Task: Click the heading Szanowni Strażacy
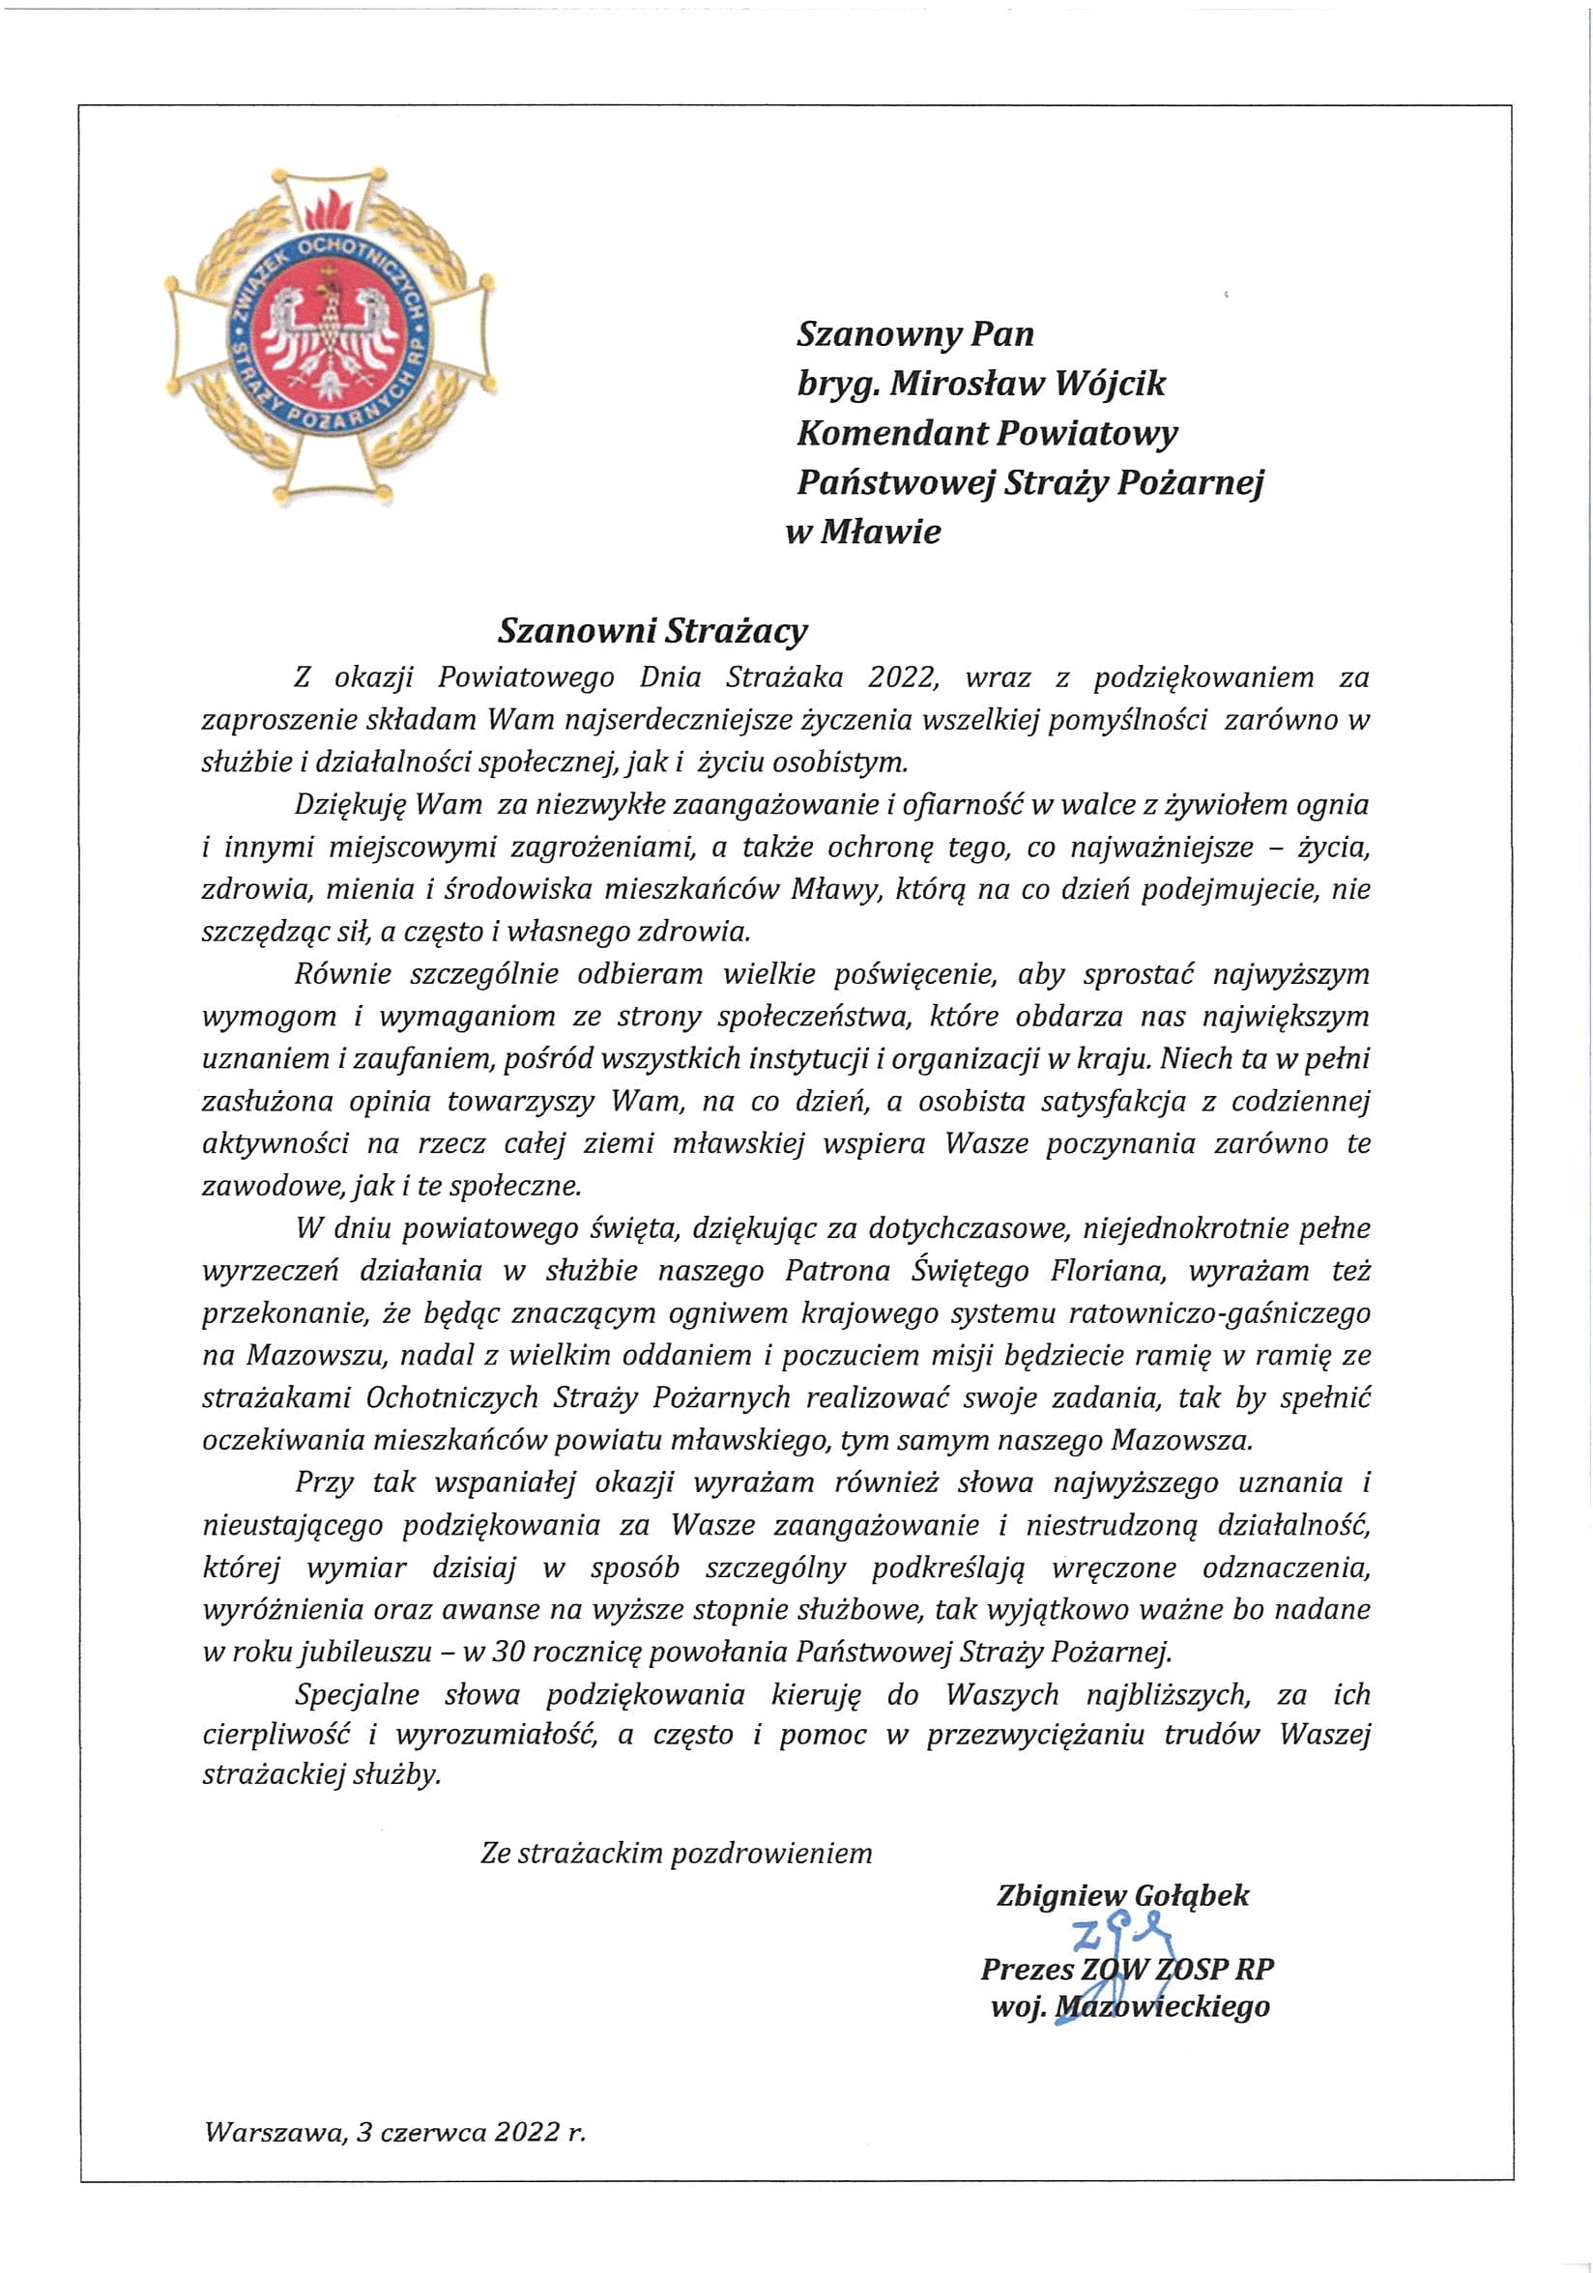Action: coord(652,631)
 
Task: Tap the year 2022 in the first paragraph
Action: coord(901,678)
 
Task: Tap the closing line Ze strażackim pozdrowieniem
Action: coord(677,1853)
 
